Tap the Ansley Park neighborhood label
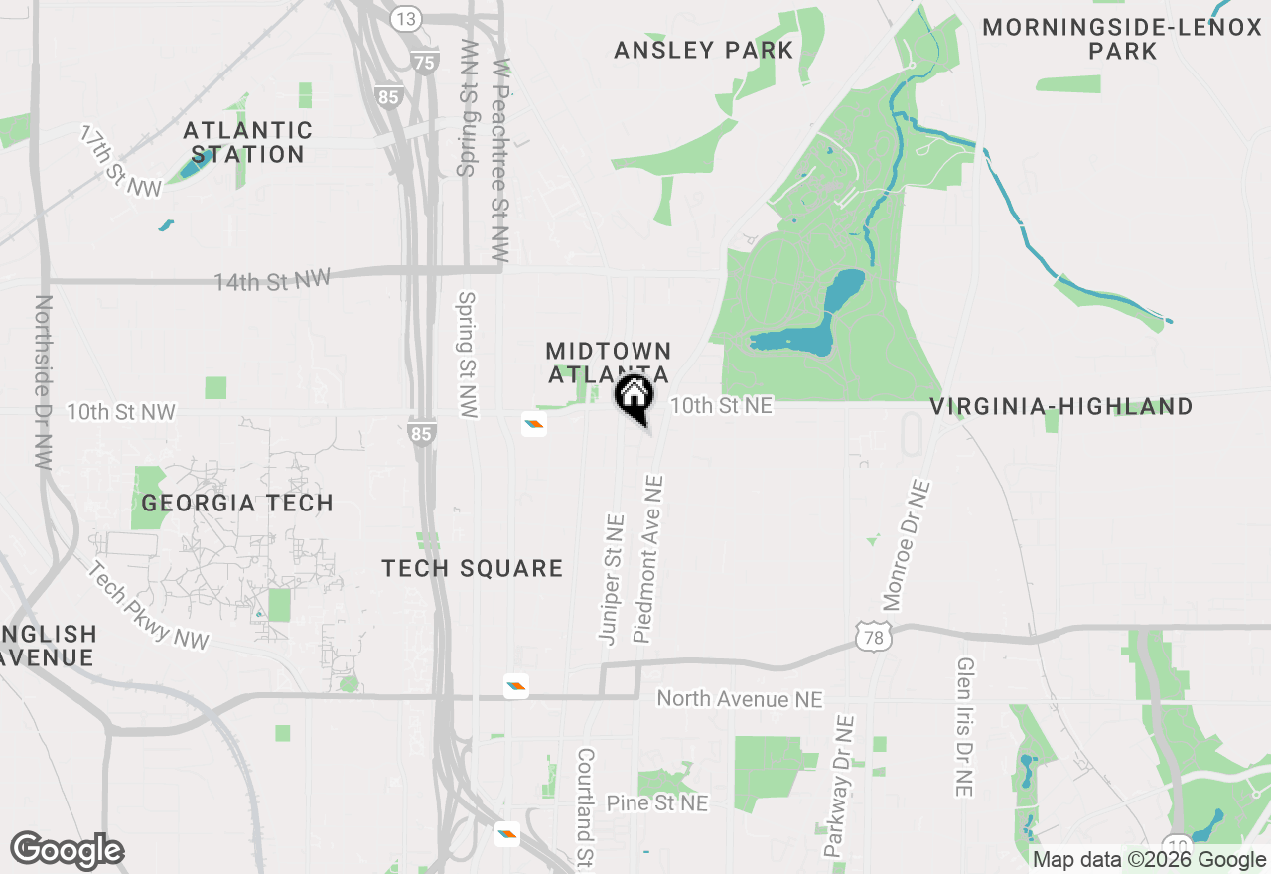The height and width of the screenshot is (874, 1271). [x=704, y=50]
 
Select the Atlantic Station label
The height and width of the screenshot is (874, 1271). [x=247, y=142]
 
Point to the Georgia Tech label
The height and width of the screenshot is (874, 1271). [x=237, y=503]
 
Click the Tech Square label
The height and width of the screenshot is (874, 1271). [x=473, y=568]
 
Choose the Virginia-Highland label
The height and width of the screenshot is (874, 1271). [x=1061, y=406]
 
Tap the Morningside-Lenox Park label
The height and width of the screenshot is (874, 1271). [x=1122, y=39]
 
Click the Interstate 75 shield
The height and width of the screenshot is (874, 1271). [x=425, y=62]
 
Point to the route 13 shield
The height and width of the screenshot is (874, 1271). [x=406, y=18]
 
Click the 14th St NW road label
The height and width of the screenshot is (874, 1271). [x=271, y=280]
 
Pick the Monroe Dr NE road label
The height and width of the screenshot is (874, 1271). [x=907, y=544]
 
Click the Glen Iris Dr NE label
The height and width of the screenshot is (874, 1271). [x=964, y=726]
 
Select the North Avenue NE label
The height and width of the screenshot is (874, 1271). [x=740, y=699]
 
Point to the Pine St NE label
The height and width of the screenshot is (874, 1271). [x=657, y=802]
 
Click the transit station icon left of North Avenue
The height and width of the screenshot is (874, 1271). [x=515, y=685]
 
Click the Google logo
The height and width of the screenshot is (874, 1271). [x=67, y=851]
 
